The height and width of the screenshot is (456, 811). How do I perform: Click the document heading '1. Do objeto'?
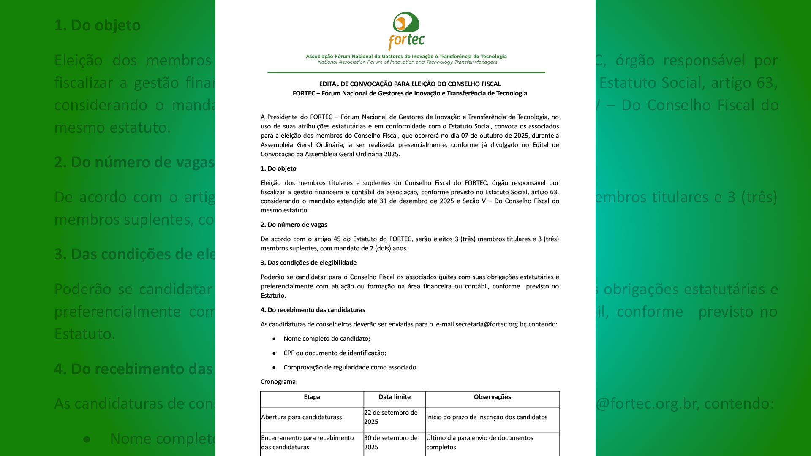[278, 168]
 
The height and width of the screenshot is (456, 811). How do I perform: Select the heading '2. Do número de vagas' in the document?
[294, 225]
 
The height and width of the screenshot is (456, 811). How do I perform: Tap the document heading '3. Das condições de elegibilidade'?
[308, 263]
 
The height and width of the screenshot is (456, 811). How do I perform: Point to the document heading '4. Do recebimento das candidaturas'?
[313, 310]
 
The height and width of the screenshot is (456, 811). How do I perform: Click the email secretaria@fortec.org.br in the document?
[490, 324]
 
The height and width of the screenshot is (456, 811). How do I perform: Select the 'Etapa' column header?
[312, 397]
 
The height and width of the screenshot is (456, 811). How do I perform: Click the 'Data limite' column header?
[395, 397]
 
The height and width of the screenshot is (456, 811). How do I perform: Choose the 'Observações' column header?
[492, 397]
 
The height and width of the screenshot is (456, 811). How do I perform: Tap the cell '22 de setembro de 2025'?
[391, 417]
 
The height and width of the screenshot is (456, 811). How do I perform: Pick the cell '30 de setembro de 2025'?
[391, 442]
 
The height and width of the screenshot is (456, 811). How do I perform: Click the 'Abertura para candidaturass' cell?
[302, 417]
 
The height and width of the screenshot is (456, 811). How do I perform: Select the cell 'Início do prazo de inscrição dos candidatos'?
[487, 417]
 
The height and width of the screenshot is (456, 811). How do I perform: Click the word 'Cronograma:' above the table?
[279, 382]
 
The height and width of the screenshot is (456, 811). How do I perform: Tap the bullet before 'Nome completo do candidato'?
[274, 339]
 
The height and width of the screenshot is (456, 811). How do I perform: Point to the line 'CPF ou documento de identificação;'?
[335, 353]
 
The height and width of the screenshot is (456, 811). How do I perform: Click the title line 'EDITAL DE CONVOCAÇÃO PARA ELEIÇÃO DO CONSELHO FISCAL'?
[410, 84]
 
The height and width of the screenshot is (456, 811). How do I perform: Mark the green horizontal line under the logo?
[406, 73]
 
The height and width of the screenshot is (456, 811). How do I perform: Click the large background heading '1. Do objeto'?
[97, 25]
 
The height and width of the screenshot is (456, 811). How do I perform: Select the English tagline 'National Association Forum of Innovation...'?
[407, 62]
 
